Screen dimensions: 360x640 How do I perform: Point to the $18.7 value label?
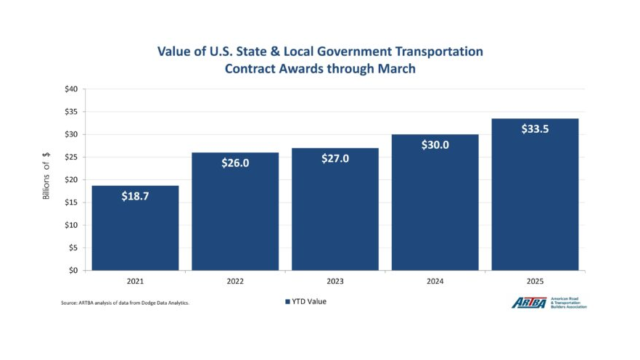coord(135,196)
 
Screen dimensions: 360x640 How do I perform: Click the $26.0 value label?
coord(235,163)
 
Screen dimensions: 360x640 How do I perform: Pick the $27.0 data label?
coord(335,158)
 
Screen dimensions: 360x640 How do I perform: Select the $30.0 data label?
coord(435,144)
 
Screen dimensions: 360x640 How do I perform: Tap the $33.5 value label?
coord(535,128)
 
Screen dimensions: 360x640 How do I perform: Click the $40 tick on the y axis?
coord(71,89)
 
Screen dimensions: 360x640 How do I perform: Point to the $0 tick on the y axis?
coord(73,270)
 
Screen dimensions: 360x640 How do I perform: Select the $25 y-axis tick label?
coord(71,157)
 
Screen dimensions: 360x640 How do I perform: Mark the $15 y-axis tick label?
coord(71,202)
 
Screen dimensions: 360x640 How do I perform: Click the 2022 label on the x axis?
coord(235,281)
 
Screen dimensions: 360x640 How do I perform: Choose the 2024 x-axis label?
coord(435,281)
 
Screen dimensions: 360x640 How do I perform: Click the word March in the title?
coord(393,70)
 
